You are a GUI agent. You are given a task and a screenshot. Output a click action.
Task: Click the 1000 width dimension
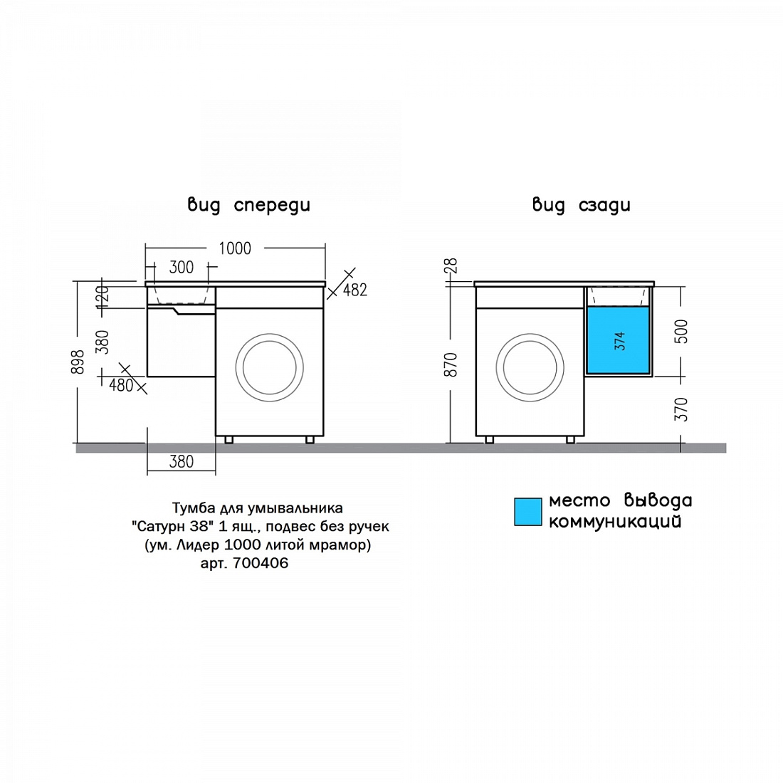coord(235,248)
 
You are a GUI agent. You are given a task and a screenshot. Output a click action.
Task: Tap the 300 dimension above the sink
coord(182,267)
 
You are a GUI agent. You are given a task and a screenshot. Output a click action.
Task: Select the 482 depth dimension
coord(355,290)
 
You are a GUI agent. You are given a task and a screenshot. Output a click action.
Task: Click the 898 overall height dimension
coord(78,362)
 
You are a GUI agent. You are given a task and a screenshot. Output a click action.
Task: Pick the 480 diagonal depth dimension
coord(121,385)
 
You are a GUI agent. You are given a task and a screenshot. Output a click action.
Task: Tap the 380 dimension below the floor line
coord(182,461)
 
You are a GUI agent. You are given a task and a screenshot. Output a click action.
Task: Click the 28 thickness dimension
coord(451,266)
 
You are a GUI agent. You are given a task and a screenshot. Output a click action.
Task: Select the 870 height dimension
coord(451,364)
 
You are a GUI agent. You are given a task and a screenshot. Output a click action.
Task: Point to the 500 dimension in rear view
coord(681,331)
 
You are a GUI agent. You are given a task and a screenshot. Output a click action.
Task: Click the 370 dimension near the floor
coord(681,409)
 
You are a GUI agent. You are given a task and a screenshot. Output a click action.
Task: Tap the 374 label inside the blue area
coord(620,340)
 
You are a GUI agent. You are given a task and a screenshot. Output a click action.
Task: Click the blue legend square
coord(528,511)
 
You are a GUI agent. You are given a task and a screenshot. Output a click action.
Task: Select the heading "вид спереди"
coord(248,205)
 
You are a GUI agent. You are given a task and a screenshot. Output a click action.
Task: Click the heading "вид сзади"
coord(582,205)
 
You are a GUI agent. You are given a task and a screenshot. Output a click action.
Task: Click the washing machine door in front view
coord(269,367)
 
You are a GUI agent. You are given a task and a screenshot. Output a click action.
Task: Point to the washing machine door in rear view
coord(530,367)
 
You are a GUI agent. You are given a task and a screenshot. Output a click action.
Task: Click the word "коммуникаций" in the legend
coord(615,522)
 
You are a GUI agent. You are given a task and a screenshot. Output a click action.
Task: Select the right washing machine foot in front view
coord(310,440)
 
